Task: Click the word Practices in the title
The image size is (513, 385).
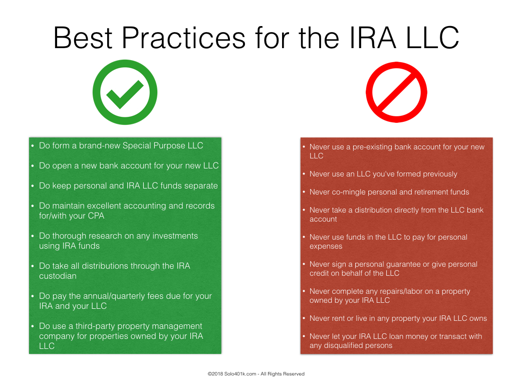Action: click(183, 38)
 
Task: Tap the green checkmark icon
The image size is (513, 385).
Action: click(125, 92)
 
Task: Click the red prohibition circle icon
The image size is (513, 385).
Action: click(397, 92)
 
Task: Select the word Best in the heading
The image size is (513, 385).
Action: click(83, 38)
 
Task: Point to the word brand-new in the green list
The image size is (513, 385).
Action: click(100, 145)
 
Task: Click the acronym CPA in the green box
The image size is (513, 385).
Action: click(96, 216)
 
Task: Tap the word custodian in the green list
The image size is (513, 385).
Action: click(58, 276)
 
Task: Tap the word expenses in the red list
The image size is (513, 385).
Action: click(326, 247)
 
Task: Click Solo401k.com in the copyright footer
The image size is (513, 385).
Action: click(240, 374)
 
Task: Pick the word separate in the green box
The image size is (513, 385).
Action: click(201, 186)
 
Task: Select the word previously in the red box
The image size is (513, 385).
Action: click(440, 174)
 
